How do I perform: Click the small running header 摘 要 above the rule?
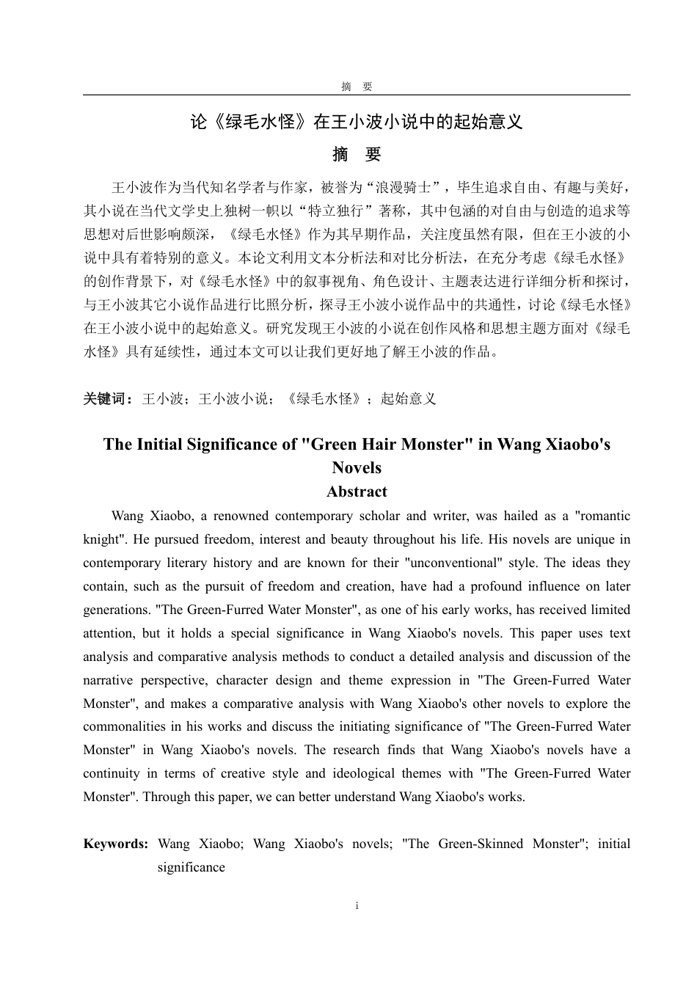(x=357, y=87)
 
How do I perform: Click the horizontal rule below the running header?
(x=357, y=95)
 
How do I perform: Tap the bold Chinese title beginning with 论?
(x=357, y=122)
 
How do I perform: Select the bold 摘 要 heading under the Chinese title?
(x=357, y=155)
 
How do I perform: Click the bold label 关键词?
(x=106, y=398)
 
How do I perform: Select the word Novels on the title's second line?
(x=357, y=467)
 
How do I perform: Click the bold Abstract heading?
(x=357, y=492)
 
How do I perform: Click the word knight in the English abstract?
(x=100, y=539)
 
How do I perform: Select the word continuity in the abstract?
(x=111, y=773)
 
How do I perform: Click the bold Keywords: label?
(x=116, y=844)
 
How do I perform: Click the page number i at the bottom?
(x=357, y=906)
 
